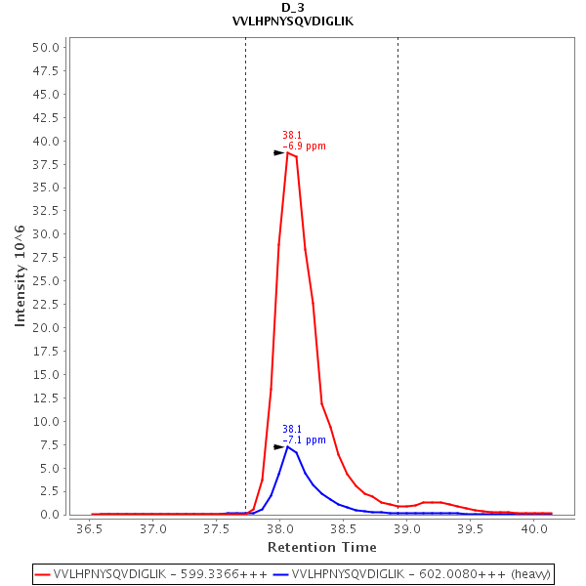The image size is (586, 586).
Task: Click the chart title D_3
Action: (293, 8)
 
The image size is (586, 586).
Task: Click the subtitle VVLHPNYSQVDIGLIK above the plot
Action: (293, 21)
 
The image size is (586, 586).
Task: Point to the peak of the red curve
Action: (288, 152)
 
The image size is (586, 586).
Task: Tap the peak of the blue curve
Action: (288, 446)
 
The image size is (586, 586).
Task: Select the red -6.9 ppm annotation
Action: (305, 146)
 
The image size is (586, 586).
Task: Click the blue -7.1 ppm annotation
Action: (305, 440)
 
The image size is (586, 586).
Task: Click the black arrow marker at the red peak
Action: (278, 152)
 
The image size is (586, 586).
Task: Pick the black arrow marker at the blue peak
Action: (278, 446)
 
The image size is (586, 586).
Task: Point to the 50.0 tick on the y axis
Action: (50, 47)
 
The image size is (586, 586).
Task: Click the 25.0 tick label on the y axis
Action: (50, 280)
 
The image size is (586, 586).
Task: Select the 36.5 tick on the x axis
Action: (89, 528)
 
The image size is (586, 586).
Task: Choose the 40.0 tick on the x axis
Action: (533, 528)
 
